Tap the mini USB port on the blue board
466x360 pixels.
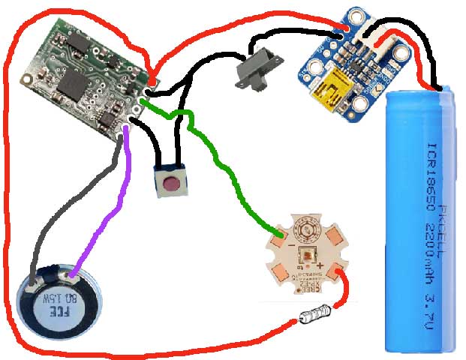[331, 94]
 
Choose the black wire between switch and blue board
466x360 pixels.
[300, 33]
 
